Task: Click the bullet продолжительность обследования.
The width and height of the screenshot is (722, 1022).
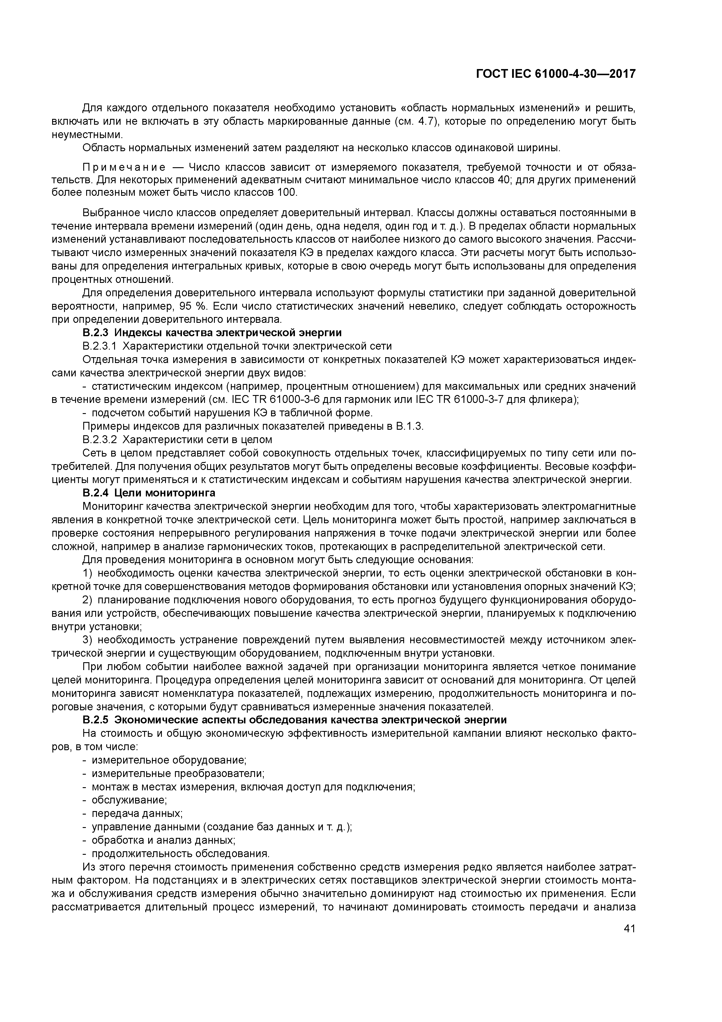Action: [x=180, y=853]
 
